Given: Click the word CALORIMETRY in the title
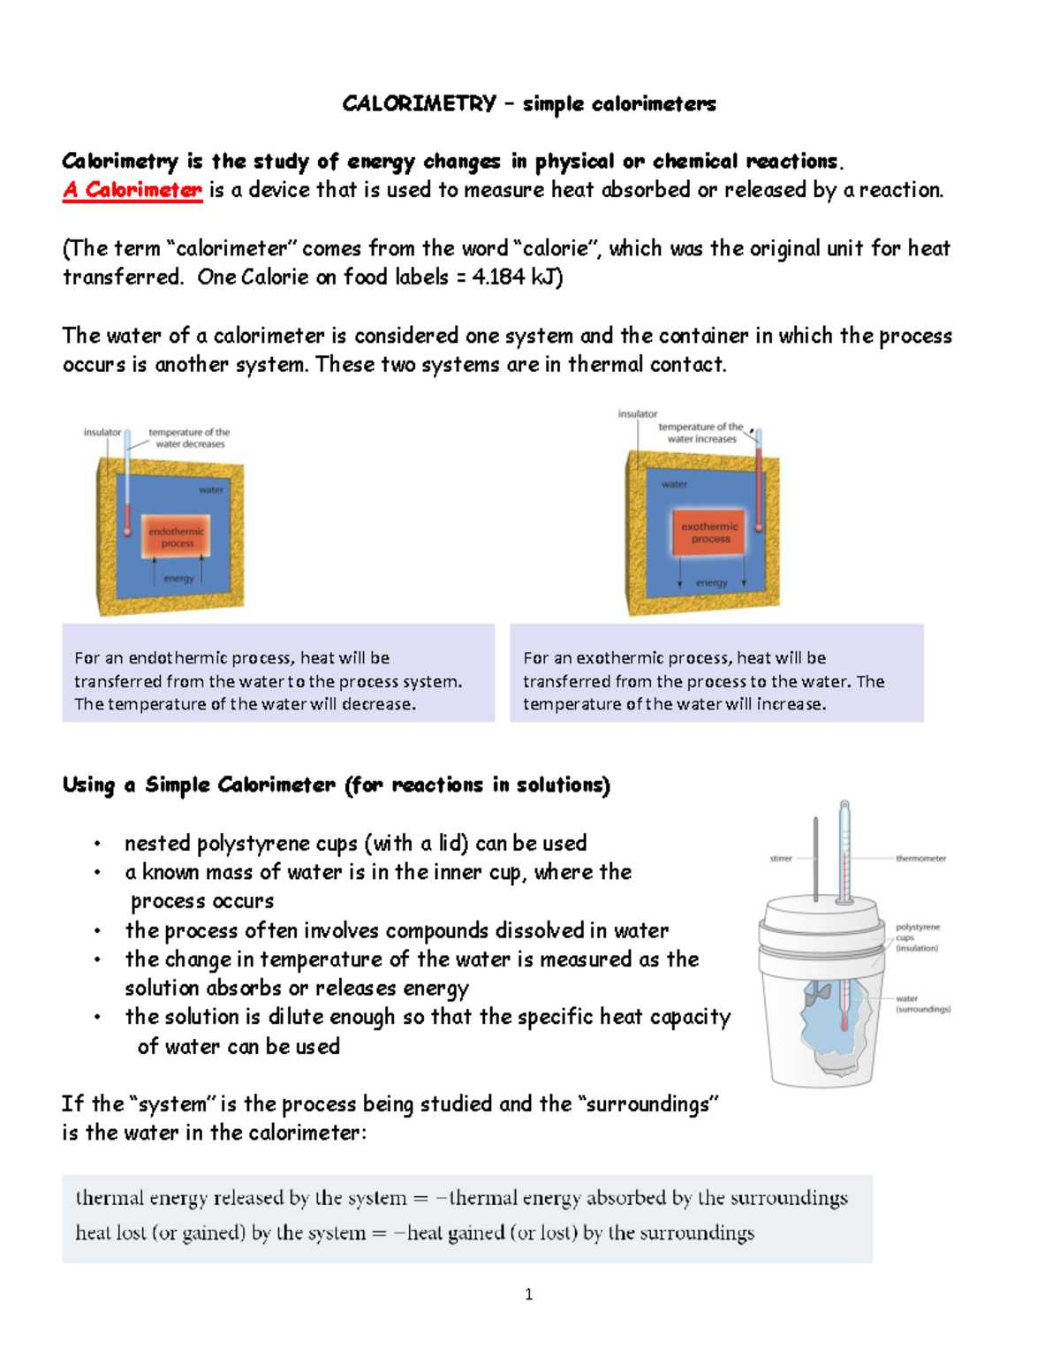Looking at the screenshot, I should click(419, 103).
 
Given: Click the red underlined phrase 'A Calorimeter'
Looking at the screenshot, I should click(132, 190).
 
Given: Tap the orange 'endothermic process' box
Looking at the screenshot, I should click(177, 537).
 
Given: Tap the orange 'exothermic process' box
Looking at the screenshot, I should click(709, 533).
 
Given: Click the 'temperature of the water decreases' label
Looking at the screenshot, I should click(189, 438).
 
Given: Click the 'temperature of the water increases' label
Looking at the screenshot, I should click(701, 433).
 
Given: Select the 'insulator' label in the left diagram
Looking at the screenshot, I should click(102, 432).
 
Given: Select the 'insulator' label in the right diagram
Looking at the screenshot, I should click(637, 413).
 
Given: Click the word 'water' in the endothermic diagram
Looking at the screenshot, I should click(210, 489).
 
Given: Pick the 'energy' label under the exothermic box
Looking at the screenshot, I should click(711, 583).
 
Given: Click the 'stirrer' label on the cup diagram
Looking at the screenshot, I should click(781, 859).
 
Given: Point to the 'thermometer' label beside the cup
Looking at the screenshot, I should click(920, 859).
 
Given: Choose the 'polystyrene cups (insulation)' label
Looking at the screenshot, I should click(918, 937).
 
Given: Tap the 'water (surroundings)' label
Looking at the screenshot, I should click(922, 1004).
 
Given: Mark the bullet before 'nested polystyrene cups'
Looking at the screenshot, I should click(98, 845).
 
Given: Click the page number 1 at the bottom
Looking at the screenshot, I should click(528, 1295).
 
